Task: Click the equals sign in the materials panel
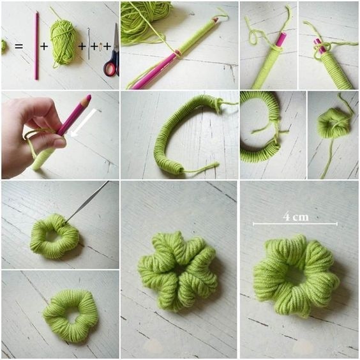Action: [19, 46]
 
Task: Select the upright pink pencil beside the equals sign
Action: [36, 45]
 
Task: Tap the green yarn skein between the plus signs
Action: [63, 42]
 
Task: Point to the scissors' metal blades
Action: [116, 37]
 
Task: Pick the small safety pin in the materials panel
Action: [101, 47]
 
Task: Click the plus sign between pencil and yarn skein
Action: [44, 47]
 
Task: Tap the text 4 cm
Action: [296, 216]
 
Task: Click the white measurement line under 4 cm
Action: [296, 223]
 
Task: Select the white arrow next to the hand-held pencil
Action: [84, 123]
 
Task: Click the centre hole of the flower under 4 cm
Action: [296, 274]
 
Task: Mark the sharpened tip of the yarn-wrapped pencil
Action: [216, 19]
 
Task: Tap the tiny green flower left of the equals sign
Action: [4, 47]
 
